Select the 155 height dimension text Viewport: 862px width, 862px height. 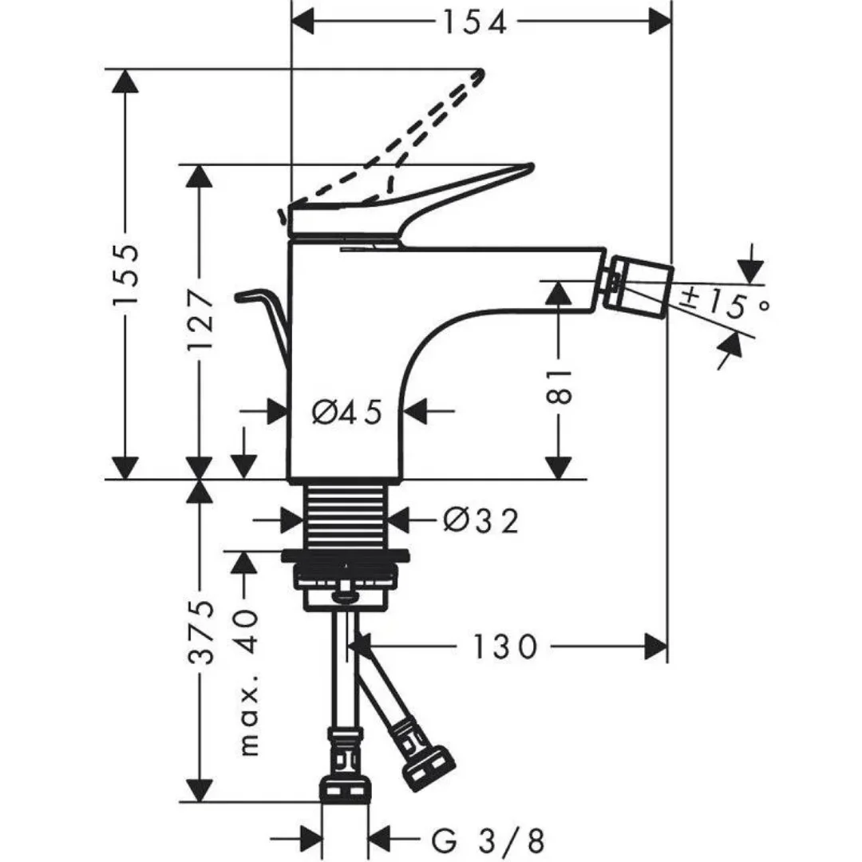(127, 275)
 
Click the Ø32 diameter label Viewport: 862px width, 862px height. (480, 521)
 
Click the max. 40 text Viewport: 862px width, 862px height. (250, 682)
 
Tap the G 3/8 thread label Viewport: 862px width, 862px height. (488, 839)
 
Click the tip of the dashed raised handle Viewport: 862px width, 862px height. (479, 75)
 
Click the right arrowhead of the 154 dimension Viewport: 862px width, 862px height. (659, 22)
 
